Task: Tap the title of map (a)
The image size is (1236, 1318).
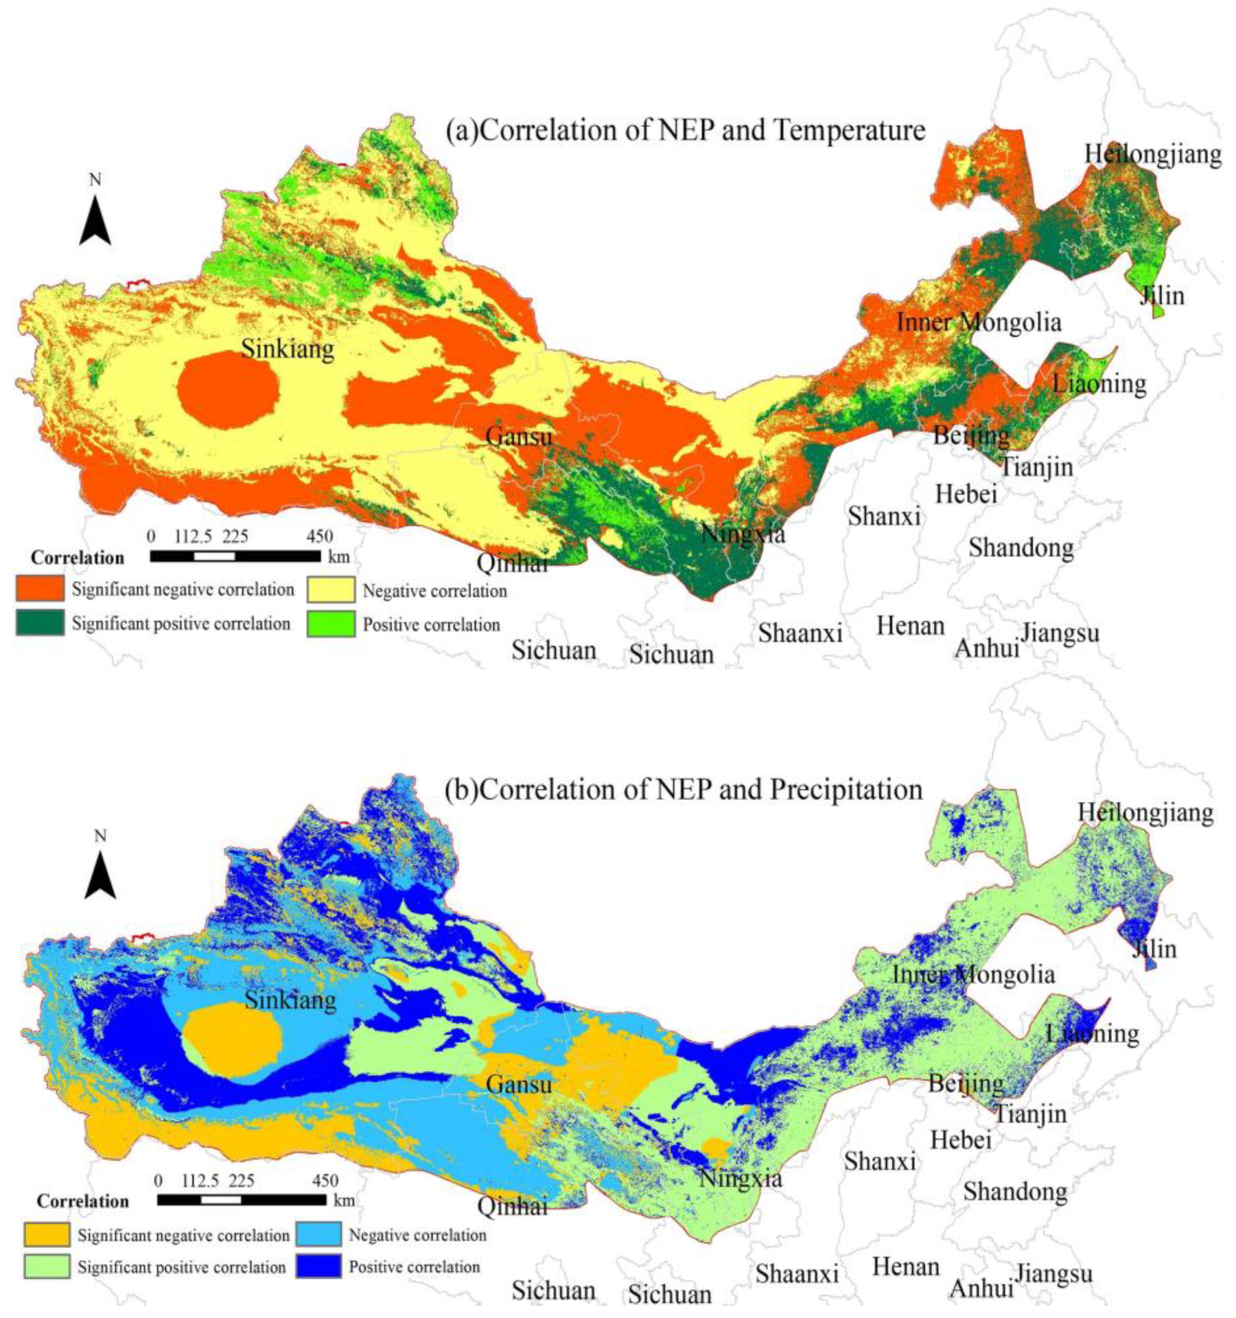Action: tap(685, 131)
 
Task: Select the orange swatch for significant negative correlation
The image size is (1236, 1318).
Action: tap(40, 588)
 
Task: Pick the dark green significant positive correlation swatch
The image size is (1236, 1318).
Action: tap(40, 623)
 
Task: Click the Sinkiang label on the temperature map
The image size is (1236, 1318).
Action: tap(287, 348)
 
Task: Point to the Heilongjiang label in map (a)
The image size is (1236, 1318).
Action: tap(1152, 154)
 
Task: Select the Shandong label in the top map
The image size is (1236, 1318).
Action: tap(1021, 548)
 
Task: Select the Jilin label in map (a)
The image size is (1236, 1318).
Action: tap(1161, 295)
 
